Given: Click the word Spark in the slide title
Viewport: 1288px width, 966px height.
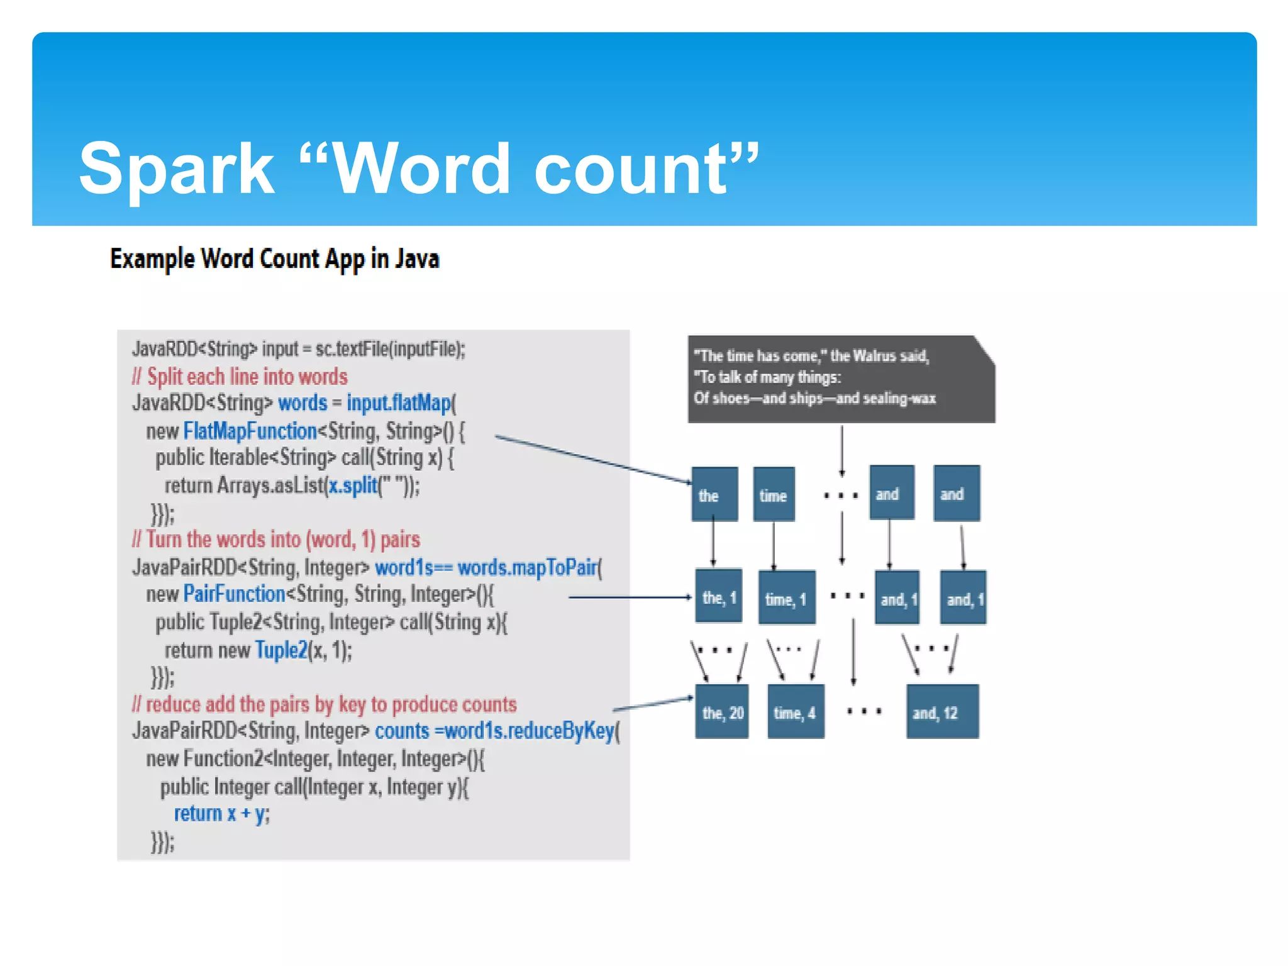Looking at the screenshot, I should (x=177, y=169).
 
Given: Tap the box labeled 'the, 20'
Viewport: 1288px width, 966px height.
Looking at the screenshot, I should (x=722, y=712).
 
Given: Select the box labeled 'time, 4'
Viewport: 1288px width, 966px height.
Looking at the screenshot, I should (x=795, y=712).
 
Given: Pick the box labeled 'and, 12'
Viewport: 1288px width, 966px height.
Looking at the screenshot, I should (x=941, y=712).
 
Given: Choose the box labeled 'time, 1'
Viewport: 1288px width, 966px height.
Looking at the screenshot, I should (x=786, y=598).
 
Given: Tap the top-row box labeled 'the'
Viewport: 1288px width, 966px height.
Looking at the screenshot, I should (x=714, y=494).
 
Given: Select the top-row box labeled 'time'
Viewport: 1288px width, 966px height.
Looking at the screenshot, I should (x=774, y=494).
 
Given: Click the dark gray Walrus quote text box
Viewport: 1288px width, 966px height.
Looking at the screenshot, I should (x=841, y=379).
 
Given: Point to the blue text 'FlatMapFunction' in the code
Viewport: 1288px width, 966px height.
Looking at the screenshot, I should (x=250, y=431).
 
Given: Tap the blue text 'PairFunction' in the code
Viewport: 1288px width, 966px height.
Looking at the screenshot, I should (x=234, y=594).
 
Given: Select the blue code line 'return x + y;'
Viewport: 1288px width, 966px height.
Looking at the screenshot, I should (x=221, y=814).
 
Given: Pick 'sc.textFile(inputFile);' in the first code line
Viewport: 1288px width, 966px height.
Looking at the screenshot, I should (x=390, y=349).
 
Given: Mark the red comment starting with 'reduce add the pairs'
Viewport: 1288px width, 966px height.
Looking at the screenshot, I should (x=325, y=704).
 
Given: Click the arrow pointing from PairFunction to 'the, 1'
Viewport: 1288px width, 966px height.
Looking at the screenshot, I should (x=629, y=597).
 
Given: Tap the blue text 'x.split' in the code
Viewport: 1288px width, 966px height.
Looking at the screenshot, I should (x=352, y=486).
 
